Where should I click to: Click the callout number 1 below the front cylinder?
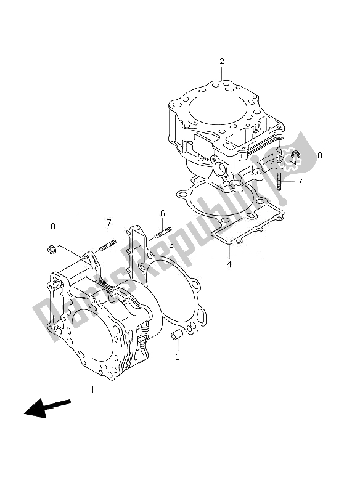92,389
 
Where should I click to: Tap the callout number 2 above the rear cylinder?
221,61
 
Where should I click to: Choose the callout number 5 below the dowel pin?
178,357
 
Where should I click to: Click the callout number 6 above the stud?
162,213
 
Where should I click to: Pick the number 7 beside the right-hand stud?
300,182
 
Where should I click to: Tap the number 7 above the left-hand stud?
108,222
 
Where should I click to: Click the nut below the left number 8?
53,249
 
